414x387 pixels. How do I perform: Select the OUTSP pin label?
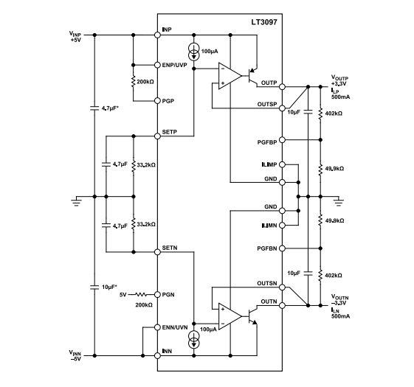tap(267, 105)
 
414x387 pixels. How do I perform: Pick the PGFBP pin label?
tap(266, 139)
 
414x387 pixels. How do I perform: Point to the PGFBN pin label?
tap(266, 248)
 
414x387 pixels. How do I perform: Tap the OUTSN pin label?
tap(267, 283)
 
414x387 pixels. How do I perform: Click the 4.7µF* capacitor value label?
tap(111, 108)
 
